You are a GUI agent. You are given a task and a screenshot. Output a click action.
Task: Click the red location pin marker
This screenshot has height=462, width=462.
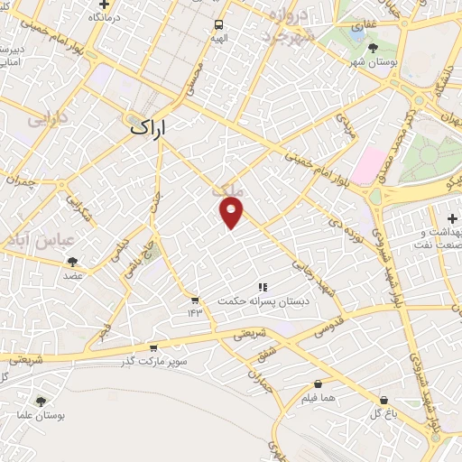pyautogui.click(x=232, y=213)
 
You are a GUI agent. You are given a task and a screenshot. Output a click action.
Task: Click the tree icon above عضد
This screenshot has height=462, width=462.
pyautogui.click(x=72, y=263)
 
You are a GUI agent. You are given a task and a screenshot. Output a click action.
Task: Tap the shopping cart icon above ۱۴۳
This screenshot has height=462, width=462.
pyautogui.click(x=195, y=299)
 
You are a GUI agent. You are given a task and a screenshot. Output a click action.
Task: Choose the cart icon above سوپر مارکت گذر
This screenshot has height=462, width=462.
pyautogui.click(x=152, y=347)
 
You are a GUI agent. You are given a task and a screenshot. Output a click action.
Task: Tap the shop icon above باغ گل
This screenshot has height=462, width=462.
pyautogui.click(x=385, y=399)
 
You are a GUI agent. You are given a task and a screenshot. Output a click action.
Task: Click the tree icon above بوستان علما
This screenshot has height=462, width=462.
pyautogui.click(x=41, y=401)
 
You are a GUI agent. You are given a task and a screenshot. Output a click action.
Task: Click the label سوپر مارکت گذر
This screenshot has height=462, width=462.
pyautogui.click(x=149, y=361)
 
